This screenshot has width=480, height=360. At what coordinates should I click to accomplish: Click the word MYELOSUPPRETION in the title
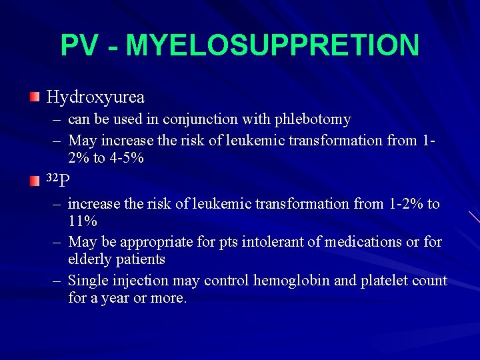pos(272,45)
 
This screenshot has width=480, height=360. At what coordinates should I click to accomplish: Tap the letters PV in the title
pos(80,45)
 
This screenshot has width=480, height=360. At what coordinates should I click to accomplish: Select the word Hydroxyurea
pos(95,97)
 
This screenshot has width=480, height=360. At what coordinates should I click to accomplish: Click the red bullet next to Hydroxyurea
pos(35,97)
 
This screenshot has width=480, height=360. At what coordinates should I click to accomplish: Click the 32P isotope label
pos(59,180)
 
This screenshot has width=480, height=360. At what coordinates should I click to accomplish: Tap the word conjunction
pos(211,119)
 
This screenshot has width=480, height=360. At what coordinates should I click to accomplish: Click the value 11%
pos(83,221)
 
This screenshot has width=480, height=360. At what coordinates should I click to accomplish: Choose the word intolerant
pos(258,241)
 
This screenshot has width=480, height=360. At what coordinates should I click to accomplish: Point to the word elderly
pos(90,259)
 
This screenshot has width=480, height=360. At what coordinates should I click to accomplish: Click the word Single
pos(89,281)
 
